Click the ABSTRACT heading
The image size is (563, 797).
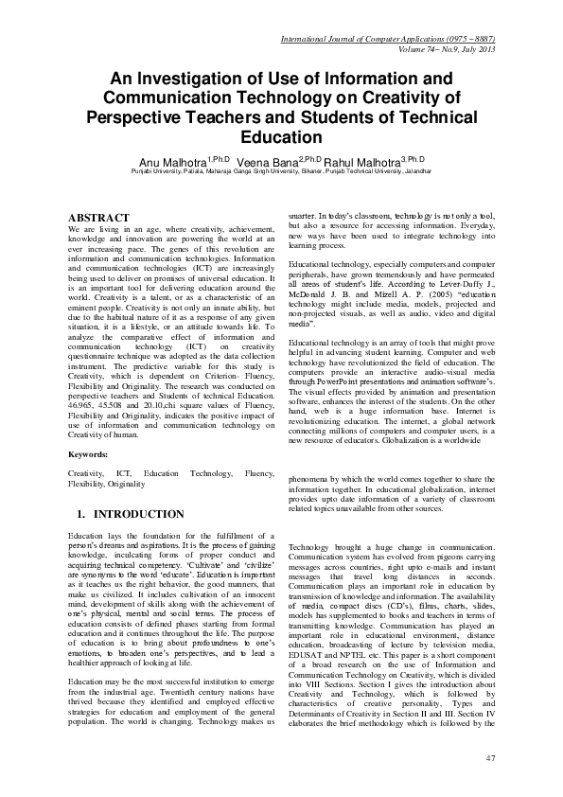pos(101,218)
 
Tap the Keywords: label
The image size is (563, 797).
pos(90,455)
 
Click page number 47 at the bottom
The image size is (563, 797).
pos(489,757)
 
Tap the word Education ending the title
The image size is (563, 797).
pos(281,135)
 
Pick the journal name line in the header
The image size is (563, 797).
pos(397,39)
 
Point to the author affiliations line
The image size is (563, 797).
pos(281,173)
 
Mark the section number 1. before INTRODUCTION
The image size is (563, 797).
pos(80,514)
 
